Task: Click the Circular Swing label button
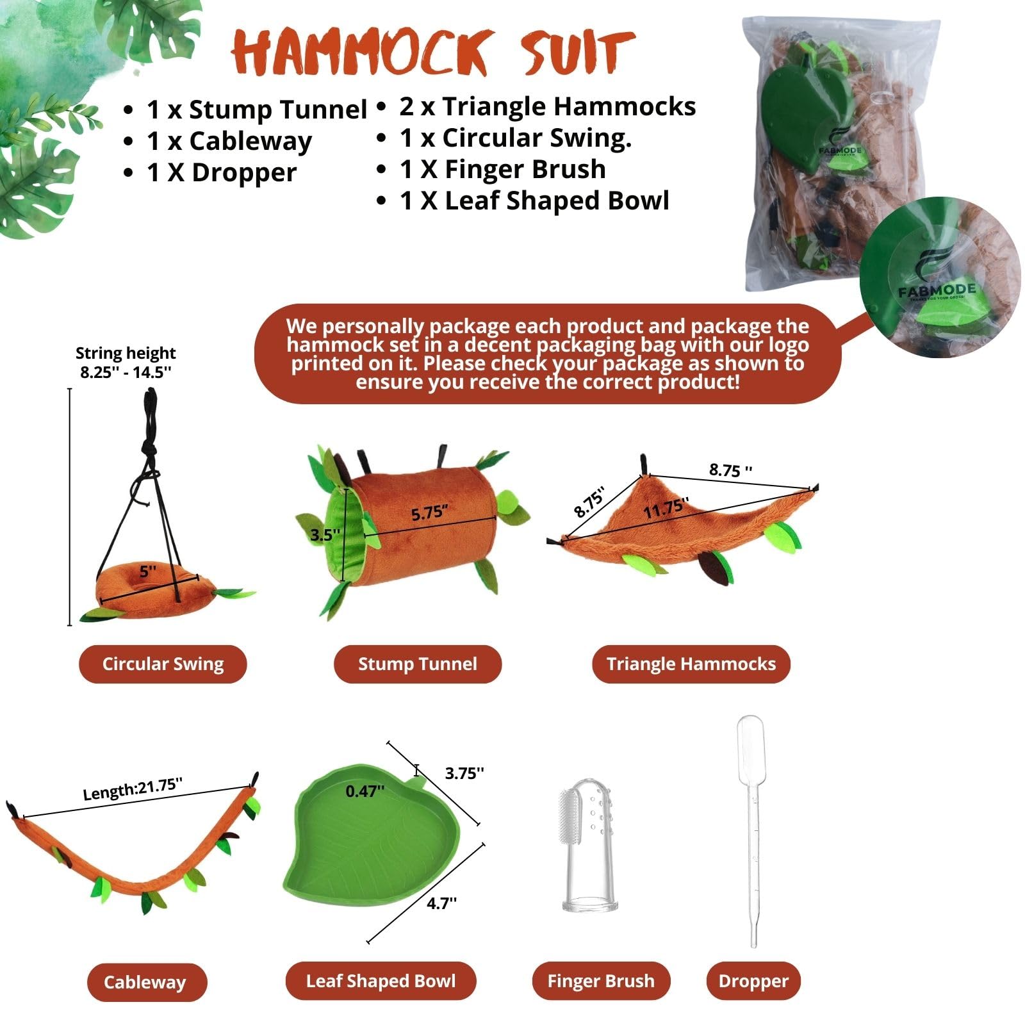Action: pos(163,664)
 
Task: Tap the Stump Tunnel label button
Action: pos(417,664)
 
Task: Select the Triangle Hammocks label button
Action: pos(691,664)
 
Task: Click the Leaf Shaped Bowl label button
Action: pos(381,981)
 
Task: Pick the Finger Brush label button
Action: pos(601,981)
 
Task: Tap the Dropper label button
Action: pos(753,981)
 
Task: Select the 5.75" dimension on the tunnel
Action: pos(429,513)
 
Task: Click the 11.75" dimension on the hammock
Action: pos(666,509)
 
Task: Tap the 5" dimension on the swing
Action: pos(148,571)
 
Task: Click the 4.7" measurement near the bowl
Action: pos(442,903)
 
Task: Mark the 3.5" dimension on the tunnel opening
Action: pos(325,534)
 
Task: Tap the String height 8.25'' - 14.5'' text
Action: pos(126,363)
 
